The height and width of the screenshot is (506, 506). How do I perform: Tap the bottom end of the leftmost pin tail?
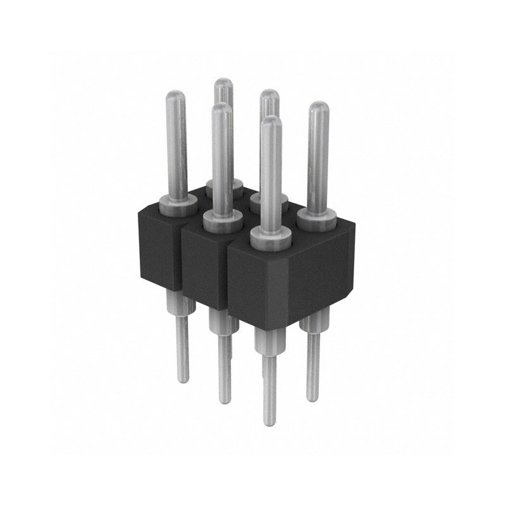tap(182, 379)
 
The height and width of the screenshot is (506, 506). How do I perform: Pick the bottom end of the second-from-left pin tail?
tap(225, 400)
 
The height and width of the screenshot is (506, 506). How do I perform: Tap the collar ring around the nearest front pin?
tap(270, 237)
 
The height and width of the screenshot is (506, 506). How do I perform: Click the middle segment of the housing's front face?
tap(204, 266)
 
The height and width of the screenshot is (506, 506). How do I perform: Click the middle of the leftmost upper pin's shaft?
tap(175, 145)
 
